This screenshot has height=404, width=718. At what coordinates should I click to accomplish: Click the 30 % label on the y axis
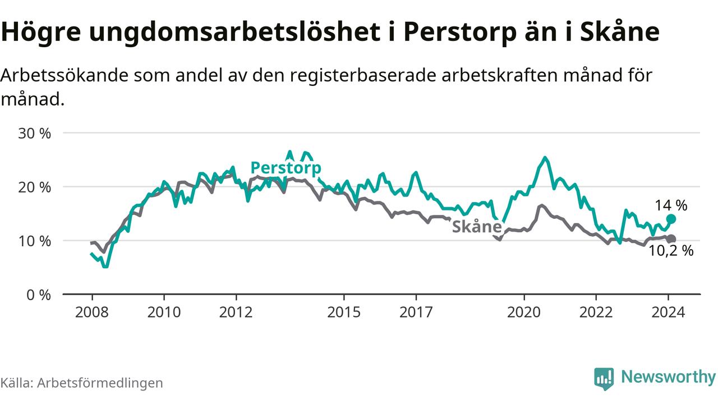click(35, 134)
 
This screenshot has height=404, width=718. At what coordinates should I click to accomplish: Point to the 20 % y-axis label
click(35, 187)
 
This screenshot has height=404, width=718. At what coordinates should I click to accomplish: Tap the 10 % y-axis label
click(35, 241)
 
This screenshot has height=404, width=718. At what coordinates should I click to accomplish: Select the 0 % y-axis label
click(39, 295)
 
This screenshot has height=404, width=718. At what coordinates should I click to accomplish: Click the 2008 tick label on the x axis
click(91, 311)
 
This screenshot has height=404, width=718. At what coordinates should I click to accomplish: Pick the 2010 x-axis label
click(164, 311)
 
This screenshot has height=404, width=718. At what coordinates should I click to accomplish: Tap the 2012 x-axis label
click(236, 311)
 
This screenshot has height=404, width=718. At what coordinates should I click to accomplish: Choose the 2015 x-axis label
click(344, 311)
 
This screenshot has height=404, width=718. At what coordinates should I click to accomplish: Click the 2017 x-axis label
click(416, 311)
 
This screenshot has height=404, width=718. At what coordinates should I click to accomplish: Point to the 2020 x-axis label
click(524, 311)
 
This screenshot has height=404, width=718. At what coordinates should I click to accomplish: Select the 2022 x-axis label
click(596, 311)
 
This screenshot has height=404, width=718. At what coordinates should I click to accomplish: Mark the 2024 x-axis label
click(668, 311)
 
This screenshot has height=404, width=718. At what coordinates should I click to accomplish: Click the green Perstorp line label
click(286, 168)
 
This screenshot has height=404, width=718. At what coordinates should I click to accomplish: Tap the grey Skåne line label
click(476, 227)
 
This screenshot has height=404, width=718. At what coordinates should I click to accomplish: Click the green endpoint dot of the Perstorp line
click(671, 219)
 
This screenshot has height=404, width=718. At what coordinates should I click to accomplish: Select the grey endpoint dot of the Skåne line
click(671, 239)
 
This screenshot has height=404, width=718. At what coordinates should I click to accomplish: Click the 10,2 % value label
click(671, 251)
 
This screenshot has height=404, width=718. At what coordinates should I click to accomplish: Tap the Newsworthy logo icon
click(604, 379)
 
